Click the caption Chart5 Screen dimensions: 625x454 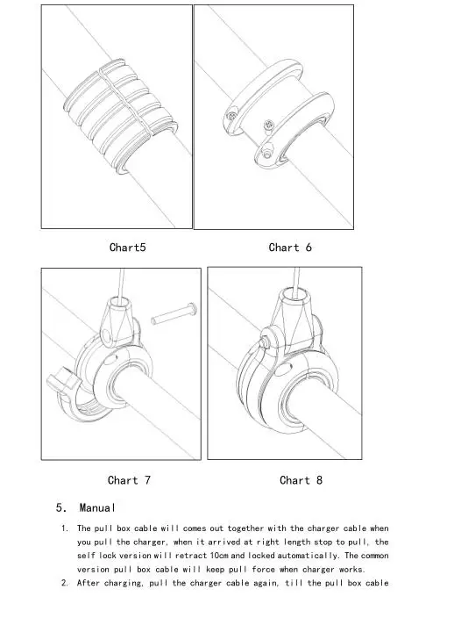127,248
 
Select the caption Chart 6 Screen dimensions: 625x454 290,248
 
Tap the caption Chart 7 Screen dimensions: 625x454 129,480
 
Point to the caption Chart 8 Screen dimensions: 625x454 301,480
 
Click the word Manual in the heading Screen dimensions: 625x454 97,508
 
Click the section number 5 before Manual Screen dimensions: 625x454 60,508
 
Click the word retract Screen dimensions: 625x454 184,556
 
